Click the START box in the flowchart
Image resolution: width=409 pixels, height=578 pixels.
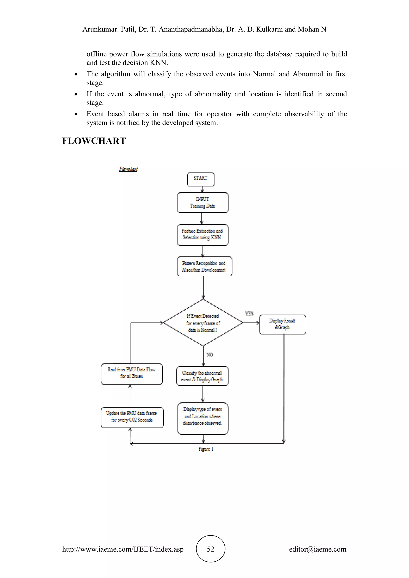pyautogui.click(x=201, y=179)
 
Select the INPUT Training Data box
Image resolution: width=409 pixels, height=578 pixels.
pyautogui.click(x=203, y=202)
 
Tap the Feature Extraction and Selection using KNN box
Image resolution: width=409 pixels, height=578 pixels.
pyautogui.click(x=203, y=235)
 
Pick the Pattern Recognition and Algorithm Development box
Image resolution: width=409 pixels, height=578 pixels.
pyautogui.click(x=204, y=266)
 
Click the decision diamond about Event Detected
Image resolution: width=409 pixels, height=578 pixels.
pyautogui.click(x=203, y=323)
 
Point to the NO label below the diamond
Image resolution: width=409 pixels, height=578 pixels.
pyautogui.click(x=209, y=355)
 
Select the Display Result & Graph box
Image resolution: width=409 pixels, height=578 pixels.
pyautogui.click(x=282, y=324)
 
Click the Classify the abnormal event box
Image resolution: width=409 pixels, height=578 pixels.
pyautogui.click(x=202, y=376)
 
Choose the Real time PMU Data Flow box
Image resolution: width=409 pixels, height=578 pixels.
pyautogui.click(x=131, y=374)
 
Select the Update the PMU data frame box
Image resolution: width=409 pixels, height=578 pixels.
pyautogui.click(x=132, y=417)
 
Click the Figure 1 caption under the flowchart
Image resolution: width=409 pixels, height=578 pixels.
pyautogui.click(x=206, y=449)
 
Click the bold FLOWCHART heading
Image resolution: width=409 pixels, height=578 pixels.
pyautogui.click(x=94, y=141)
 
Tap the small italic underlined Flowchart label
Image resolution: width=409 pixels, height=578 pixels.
pyautogui.click(x=128, y=169)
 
